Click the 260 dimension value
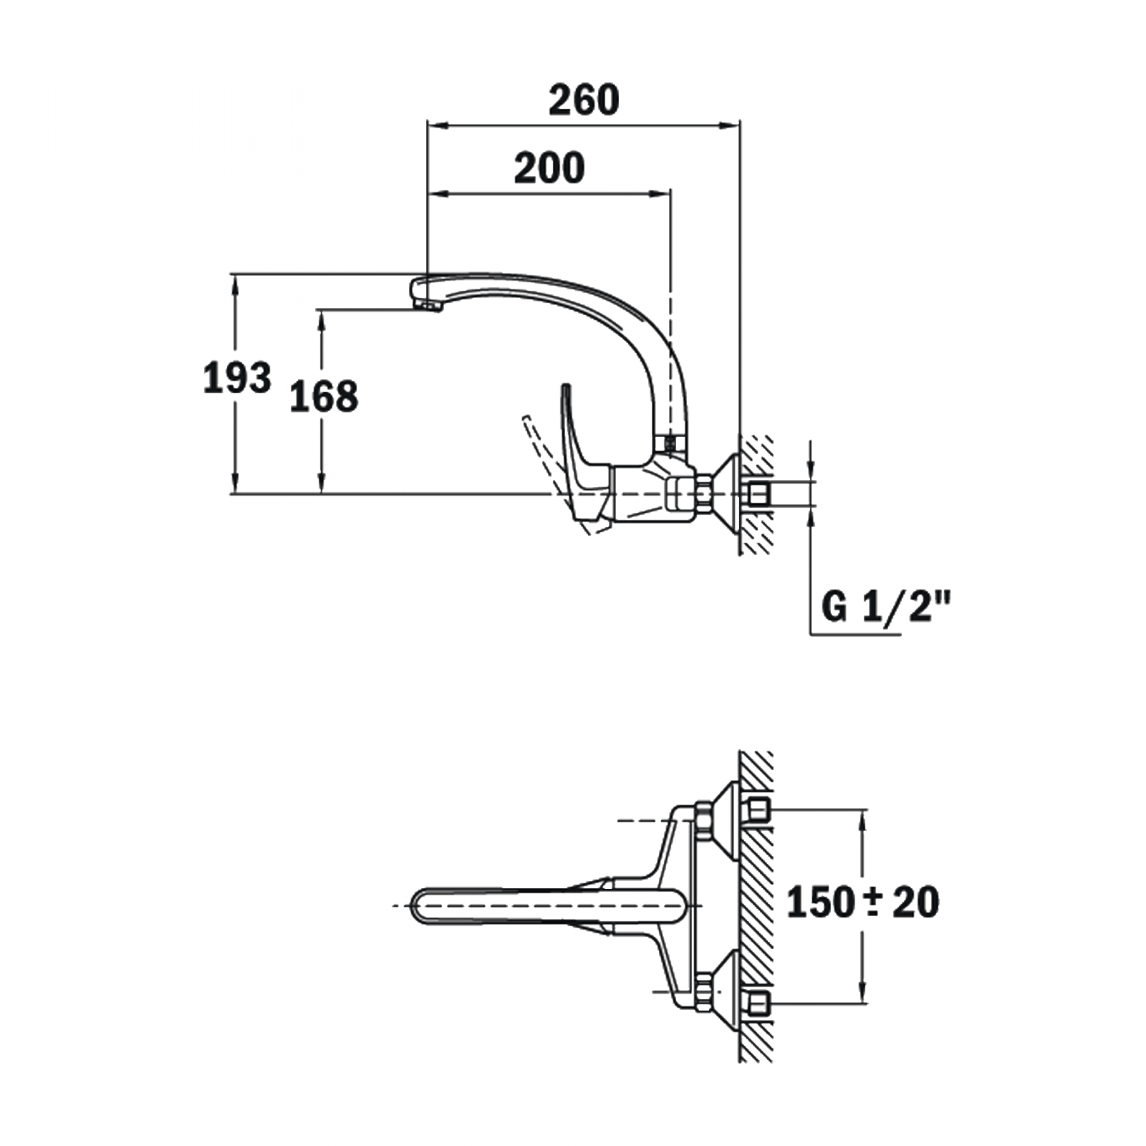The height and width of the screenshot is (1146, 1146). coord(584,100)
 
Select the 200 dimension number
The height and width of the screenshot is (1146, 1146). coord(549,168)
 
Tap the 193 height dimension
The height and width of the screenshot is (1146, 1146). coord(237,377)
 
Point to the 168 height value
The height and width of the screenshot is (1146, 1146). coord(324,396)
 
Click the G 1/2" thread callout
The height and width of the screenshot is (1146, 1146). coord(885,608)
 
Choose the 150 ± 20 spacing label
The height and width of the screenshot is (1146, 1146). coord(863,902)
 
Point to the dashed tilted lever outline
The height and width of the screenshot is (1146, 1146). coord(559,473)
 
